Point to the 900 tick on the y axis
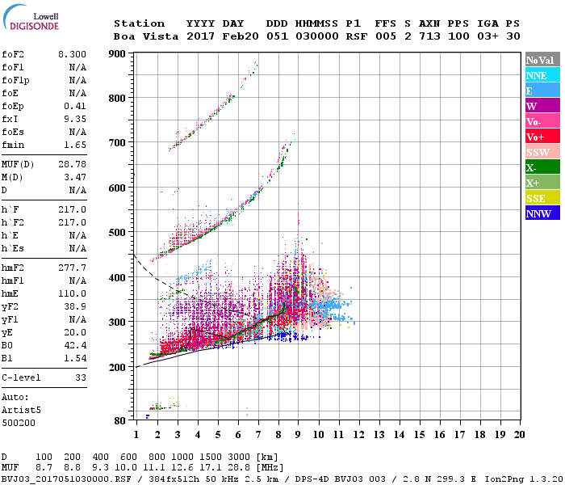(118, 54)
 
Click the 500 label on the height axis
(118, 233)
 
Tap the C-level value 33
(79, 377)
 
